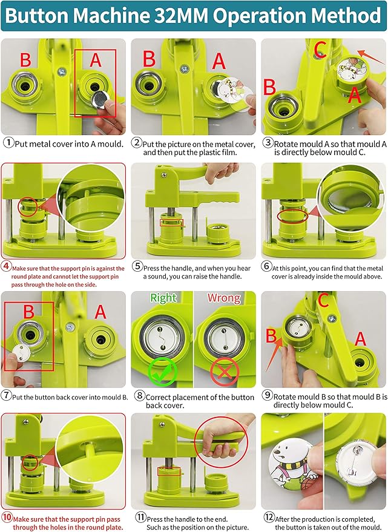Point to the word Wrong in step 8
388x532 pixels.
(x=224, y=298)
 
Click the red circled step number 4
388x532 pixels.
(x=7, y=266)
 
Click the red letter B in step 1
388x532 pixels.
(x=25, y=60)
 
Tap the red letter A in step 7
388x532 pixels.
(x=100, y=312)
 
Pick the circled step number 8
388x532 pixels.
(x=138, y=397)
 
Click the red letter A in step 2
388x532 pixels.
(x=219, y=60)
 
